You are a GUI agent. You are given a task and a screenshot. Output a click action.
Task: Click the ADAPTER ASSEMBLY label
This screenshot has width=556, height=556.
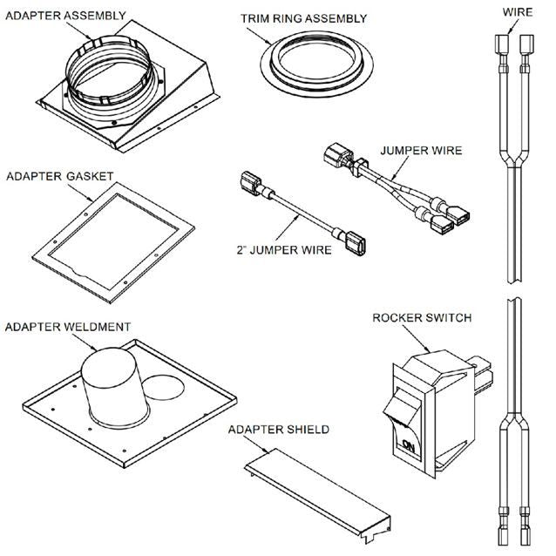click(65, 15)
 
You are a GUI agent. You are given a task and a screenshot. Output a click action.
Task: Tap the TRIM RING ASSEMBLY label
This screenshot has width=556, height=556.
click(303, 17)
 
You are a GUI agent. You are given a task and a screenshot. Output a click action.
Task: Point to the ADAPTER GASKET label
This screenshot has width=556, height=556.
click(59, 176)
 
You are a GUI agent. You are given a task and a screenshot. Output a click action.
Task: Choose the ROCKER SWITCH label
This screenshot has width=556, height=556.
click(422, 318)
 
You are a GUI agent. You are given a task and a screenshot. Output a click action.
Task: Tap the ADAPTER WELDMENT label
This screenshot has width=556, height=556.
click(68, 327)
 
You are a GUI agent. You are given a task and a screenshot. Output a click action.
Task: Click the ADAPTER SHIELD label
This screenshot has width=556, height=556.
click(278, 430)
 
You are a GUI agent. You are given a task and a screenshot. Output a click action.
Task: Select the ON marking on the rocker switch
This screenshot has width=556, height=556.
click(407, 447)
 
